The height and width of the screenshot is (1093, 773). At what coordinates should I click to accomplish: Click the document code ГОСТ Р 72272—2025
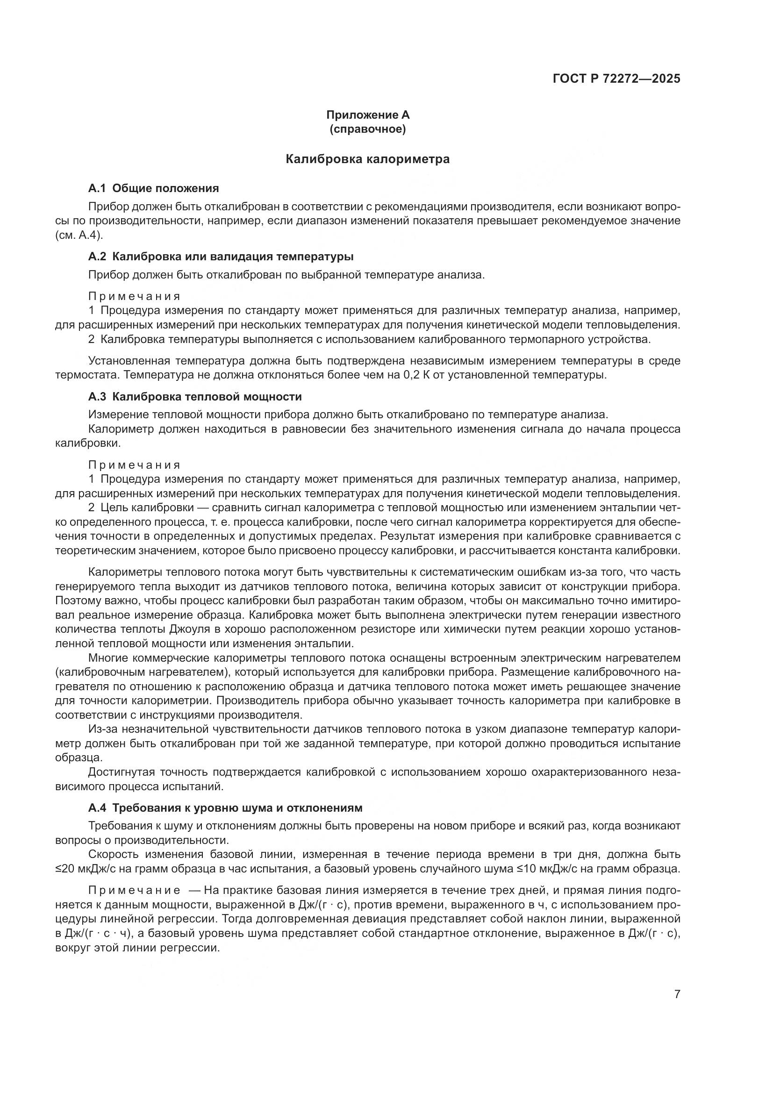(616, 79)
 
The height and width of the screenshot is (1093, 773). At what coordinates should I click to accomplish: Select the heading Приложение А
(367, 115)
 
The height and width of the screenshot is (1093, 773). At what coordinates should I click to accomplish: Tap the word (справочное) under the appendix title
(367, 129)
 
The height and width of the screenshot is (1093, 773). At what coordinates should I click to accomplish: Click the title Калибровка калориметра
(367, 159)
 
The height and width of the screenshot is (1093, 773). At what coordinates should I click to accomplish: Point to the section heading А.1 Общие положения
(153, 188)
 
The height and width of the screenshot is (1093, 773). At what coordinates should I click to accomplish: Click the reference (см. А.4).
(79, 235)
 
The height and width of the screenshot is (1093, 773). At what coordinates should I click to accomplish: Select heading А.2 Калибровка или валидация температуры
(221, 257)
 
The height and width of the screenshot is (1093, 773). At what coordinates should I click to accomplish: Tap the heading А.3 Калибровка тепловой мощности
(195, 397)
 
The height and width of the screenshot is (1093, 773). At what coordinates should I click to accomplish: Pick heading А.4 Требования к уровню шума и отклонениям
(226, 808)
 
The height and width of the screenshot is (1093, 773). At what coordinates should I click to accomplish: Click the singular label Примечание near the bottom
(134, 890)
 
